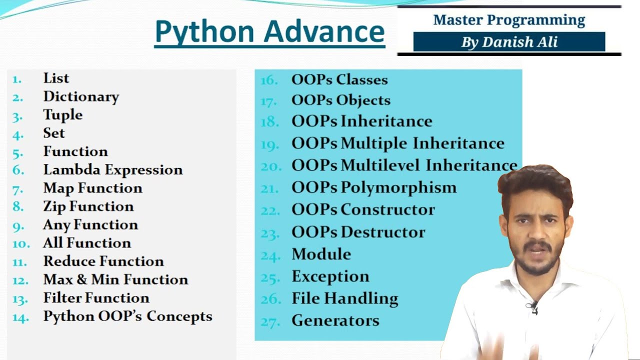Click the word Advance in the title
[x=324, y=31]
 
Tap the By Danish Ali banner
[x=509, y=42]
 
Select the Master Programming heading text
[x=509, y=20]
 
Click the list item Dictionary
[x=81, y=96]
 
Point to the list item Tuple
[x=63, y=115]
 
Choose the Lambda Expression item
[x=113, y=170]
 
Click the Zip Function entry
[x=88, y=206]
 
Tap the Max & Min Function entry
[x=115, y=279]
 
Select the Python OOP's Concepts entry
[x=127, y=316]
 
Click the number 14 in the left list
[x=20, y=317]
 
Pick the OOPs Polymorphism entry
[x=374, y=188]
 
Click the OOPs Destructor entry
[x=358, y=232]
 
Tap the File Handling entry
[x=345, y=299]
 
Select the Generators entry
[x=335, y=320]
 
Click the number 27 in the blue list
[x=270, y=322]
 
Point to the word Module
[x=321, y=254]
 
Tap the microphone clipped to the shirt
[x=533, y=305]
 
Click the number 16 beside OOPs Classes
[x=269, y=80]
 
